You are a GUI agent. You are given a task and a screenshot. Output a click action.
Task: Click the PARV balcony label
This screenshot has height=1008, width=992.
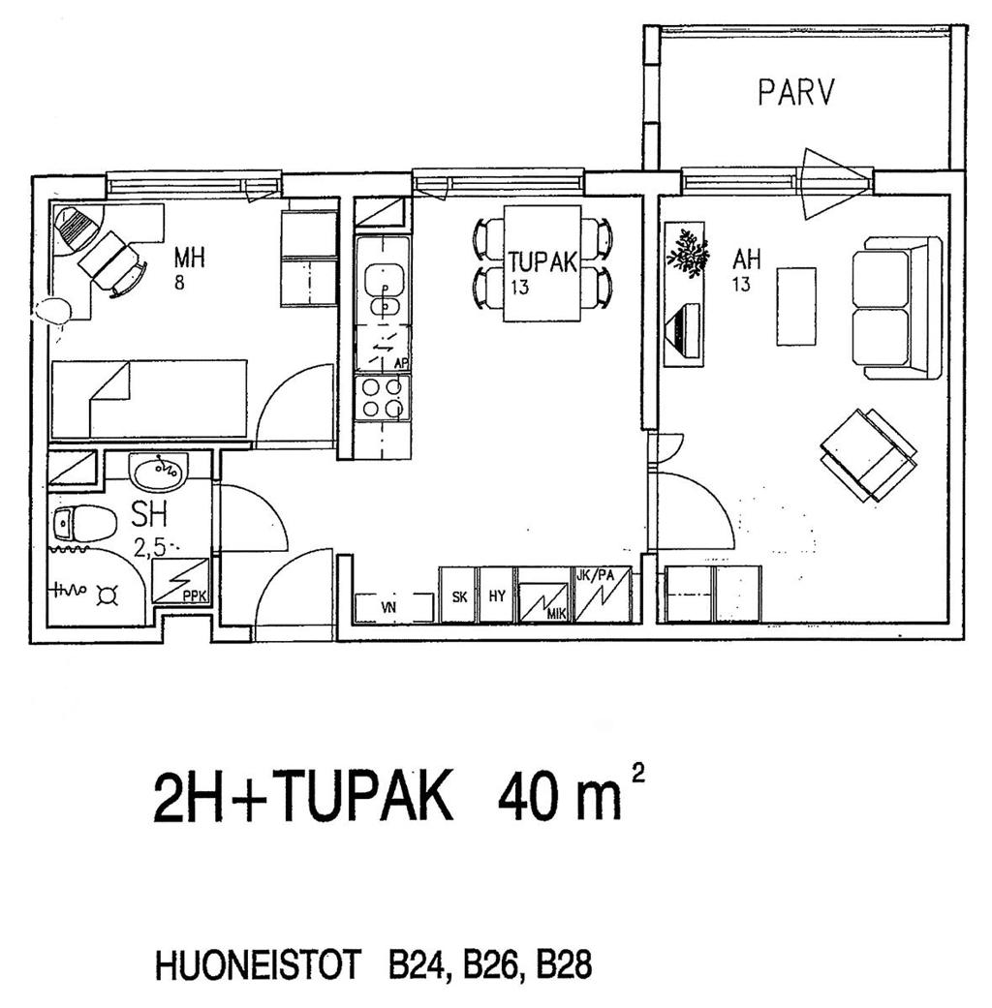(795, 93)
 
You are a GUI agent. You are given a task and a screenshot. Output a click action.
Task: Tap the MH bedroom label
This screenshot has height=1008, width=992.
(189, 258)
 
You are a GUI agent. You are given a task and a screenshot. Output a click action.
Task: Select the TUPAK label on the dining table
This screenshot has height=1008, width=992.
(542, 262)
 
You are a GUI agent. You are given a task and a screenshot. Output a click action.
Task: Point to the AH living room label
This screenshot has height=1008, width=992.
(746, 260)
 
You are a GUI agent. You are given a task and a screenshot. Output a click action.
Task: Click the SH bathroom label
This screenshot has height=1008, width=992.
(149, 514)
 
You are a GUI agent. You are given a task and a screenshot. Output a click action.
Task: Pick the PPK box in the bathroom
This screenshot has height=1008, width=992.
(180, 581)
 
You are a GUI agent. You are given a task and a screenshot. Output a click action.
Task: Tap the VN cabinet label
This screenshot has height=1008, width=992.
(387, 606)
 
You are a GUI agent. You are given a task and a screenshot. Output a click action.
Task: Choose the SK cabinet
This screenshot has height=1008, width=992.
(459, 595)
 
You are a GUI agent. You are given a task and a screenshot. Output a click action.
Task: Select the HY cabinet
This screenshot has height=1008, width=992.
(497, 595)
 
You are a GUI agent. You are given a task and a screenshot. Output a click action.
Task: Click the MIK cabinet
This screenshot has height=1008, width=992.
(543, 595)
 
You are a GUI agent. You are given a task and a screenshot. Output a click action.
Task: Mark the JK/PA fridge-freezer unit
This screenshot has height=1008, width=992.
(603, 595)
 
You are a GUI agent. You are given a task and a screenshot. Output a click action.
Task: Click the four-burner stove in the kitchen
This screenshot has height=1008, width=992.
(382, 399)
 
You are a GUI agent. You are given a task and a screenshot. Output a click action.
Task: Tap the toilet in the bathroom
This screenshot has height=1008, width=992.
(83, 523)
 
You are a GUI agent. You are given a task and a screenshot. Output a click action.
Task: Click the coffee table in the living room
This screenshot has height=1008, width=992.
(796, 306)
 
